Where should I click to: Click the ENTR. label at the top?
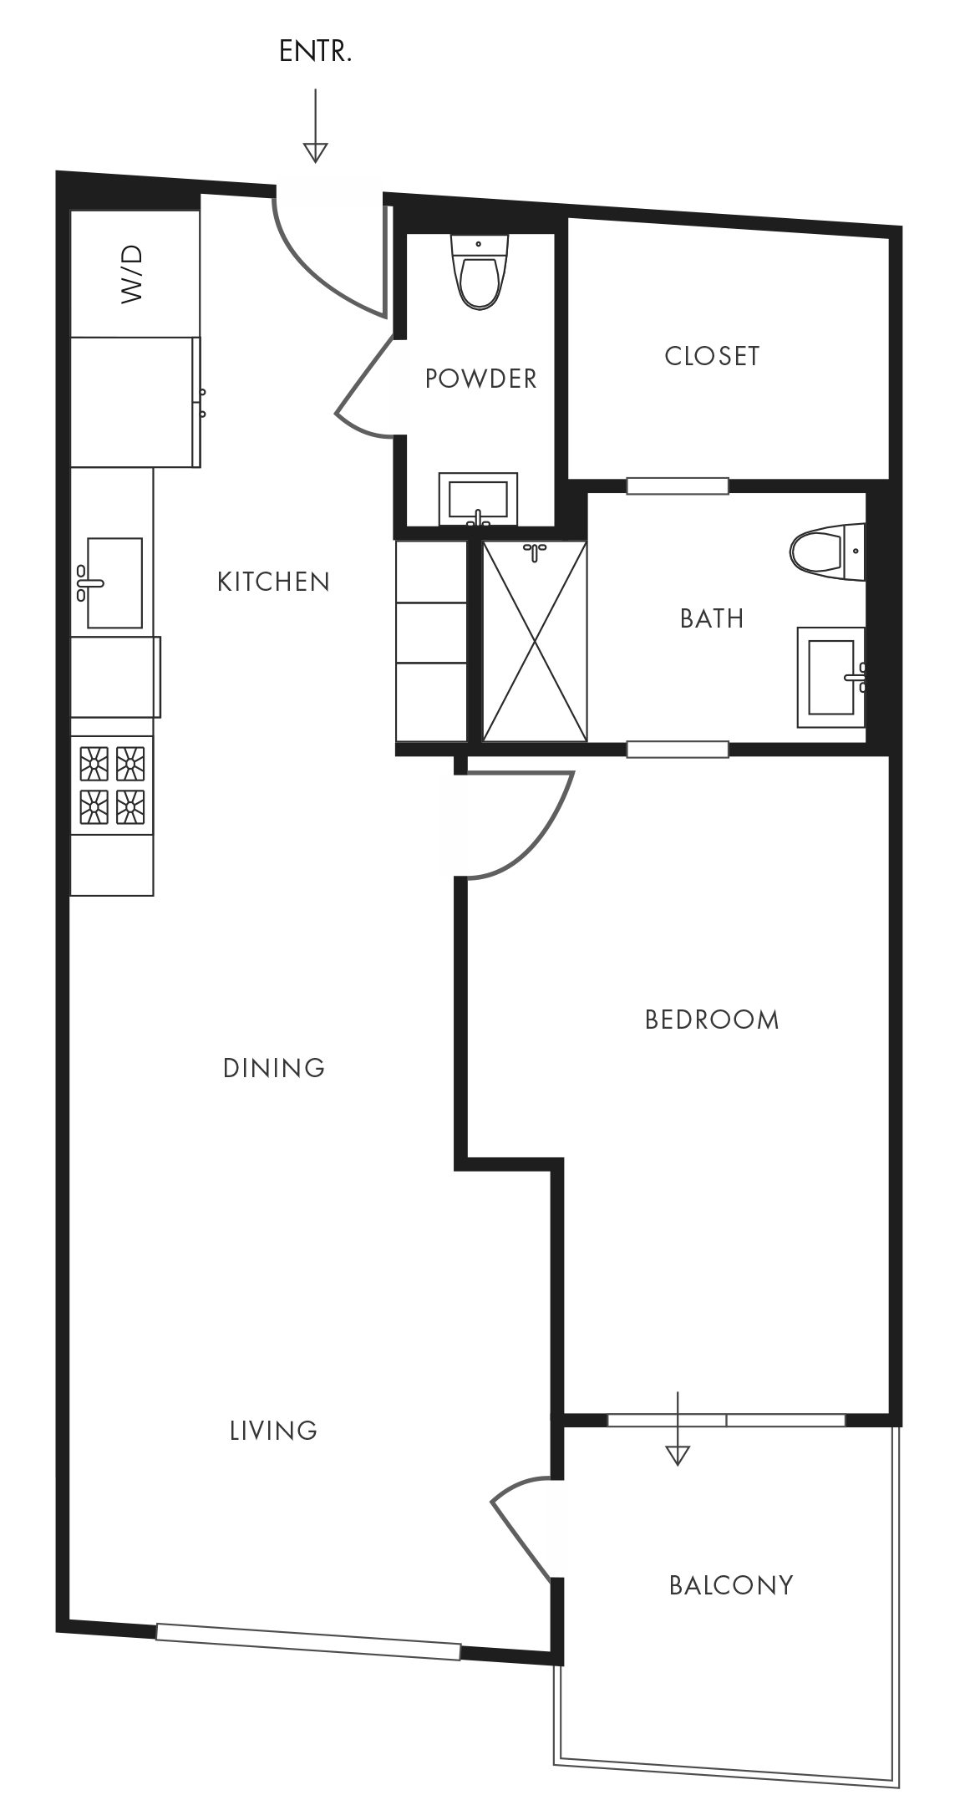click(315, 52)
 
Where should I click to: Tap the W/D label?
click(133, 274)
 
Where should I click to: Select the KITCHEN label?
click(274, 582)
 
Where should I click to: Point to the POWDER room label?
click(480, 379)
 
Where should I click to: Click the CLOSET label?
click(712, 356)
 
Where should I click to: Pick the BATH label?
click(712, 618)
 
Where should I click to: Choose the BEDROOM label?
click(712, 1020)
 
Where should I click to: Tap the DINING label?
click(274, 1068)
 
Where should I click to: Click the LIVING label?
click(274, 1431)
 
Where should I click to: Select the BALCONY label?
click(731, 1585)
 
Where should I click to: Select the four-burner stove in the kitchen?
click(112, 786)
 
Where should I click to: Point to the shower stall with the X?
click(535, 641)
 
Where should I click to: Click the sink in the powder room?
click(479, 499)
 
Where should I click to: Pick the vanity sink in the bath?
click(832, 677)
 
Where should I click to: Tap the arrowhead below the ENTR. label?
click(315, 152)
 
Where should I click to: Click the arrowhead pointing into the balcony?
click(678, 1455)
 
